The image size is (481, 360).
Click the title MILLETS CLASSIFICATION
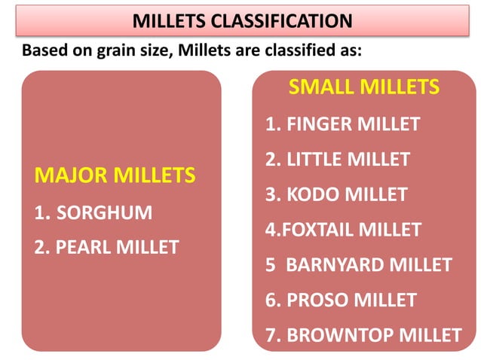(x=241, y=20)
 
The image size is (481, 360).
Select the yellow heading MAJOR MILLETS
(x=115, y=176)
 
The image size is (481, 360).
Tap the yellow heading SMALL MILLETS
(x=363, y=87)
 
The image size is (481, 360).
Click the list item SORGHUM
(x=93, y=212)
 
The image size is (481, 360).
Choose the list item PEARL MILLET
(x=106, y=247)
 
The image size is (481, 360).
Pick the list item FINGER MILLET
(x=342, y=124)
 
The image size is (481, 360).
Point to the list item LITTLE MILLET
(x=338, y=160)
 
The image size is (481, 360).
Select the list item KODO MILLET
(x=336, y=194)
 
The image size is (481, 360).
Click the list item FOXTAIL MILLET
(x=343, y=230)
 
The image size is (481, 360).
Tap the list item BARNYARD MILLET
(x=358, y=265)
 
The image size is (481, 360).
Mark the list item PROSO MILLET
(x=341, y=300)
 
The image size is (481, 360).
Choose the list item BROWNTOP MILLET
(x=363, y=335)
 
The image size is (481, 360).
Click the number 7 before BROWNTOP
(x=271, y=335)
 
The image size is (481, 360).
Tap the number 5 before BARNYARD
(x=271, y=265)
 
